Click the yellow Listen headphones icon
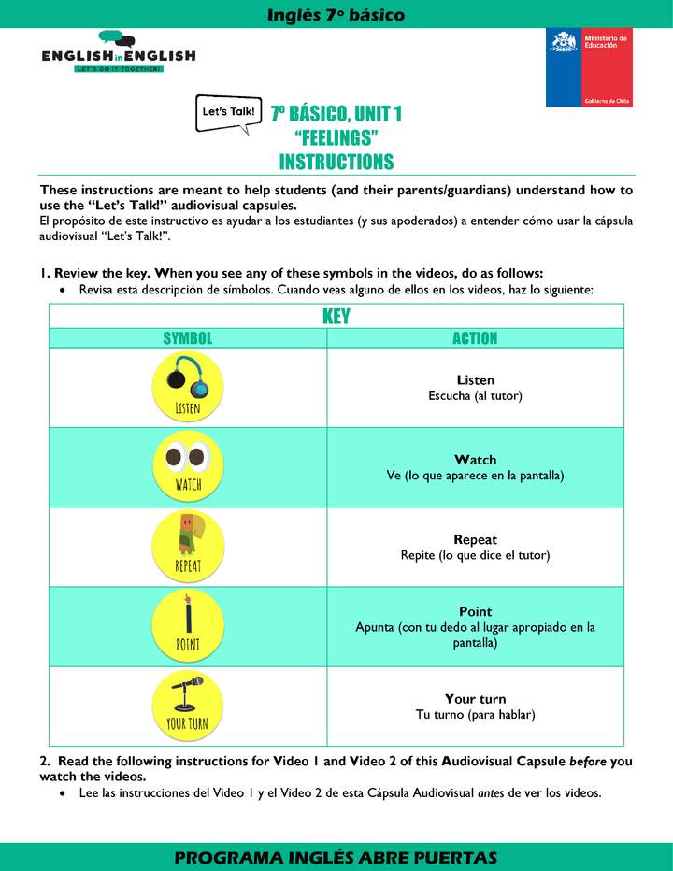pos(188,385)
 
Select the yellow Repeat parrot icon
pos(188,545)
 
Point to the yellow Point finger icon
pos(188,624)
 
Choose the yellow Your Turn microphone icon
pos(188,704)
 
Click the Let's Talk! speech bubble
pos(227,112)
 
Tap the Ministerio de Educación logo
pos(589,67)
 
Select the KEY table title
pos(336,316)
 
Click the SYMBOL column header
pos(188,338)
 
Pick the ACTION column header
pos(475,338)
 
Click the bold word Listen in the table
pos(475,380)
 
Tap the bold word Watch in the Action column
pos(475,460)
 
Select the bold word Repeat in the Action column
pos(475,539)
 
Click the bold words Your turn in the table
pos(475,699)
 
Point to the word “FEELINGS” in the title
pos(336,138)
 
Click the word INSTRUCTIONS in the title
pos(336,162)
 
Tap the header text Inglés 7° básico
pos(336,14)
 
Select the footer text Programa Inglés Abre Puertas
pos(336,858)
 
